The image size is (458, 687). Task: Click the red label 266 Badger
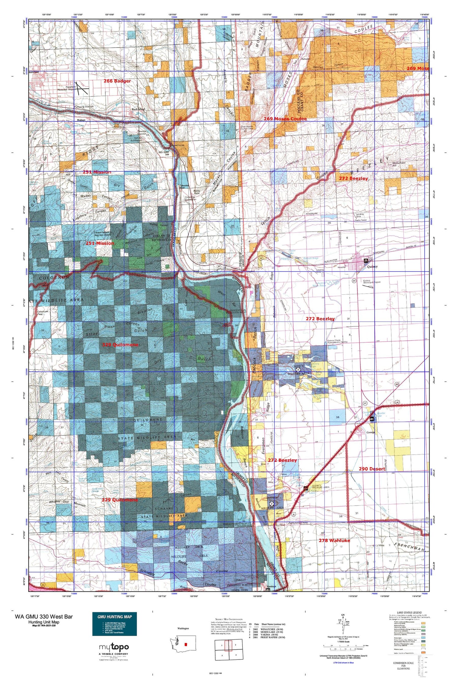pyautogui.click(x=117, y=81)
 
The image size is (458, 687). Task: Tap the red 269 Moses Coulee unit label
pyautogui.click(x=285, y=118)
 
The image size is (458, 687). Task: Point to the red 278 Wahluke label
pyautogui.click(x=334, y=540)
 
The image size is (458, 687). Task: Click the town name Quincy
pyautogui.click(x=372, y=267)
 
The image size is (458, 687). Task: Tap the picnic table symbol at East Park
pyautogui.click(x=365, y=261)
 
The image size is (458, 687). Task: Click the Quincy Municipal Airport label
pyautogui.click(x=372, y=282)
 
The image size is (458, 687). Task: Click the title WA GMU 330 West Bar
pyautogui.click(x=44, y=616)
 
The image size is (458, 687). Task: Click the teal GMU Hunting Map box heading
pyautogui.click(x=114, y=616)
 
